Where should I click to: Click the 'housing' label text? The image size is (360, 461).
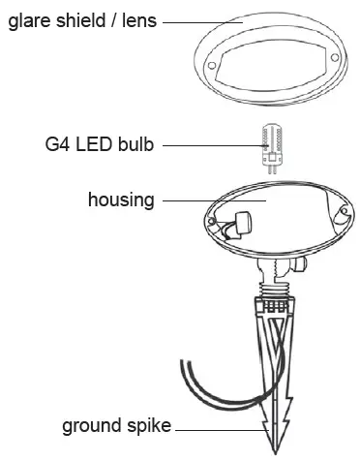[x=121, y=200]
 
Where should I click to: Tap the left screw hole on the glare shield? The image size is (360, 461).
[x=212, y=61]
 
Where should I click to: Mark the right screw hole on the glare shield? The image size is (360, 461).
[x=334, y=59]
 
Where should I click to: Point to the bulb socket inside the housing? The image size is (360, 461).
[x=235, y=228]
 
